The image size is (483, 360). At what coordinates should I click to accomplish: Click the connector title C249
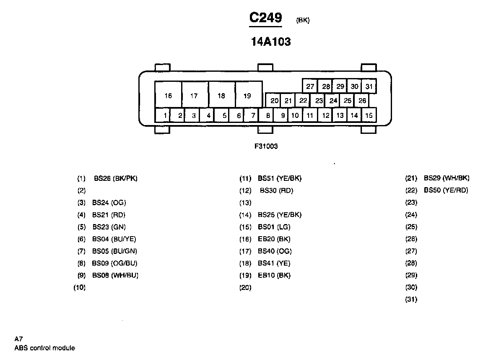click(x=265, y=18)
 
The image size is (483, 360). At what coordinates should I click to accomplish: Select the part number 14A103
click(x=270, y=42)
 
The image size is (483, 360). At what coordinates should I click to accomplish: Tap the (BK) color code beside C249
click(x=303, y=20)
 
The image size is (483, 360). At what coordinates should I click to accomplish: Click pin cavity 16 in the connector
click(x=168, y=96)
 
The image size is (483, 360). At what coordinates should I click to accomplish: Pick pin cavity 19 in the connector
click(x=247, y=96)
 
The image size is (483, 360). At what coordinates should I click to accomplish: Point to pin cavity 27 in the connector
click(x=310, y=86)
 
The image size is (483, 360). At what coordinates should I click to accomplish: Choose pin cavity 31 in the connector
click(x=369, y=86)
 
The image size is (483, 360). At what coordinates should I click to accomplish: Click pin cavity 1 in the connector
click(x=166, y=115)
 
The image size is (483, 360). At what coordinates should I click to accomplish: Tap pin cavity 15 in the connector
click(x=369, y=115)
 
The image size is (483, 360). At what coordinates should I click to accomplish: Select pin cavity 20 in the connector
click(x=275, y=101)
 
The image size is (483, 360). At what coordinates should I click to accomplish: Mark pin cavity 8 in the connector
click(x=267, y=115)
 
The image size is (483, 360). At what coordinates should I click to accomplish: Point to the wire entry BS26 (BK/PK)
click(x=116, y=178)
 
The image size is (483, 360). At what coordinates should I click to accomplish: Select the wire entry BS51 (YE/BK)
click(x=279, y=178)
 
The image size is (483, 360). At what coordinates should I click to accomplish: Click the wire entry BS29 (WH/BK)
click(x=447, y=178)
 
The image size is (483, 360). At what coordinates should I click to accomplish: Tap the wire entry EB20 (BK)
click(x=274, y=239)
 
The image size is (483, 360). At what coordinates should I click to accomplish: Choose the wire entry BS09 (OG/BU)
click(x=114, y=263)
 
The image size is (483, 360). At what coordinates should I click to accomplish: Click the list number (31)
click(x=411, y=300)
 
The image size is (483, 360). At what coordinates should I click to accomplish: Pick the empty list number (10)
click(x=80, y=288)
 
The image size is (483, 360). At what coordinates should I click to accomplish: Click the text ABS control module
click(x=44, y=348)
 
